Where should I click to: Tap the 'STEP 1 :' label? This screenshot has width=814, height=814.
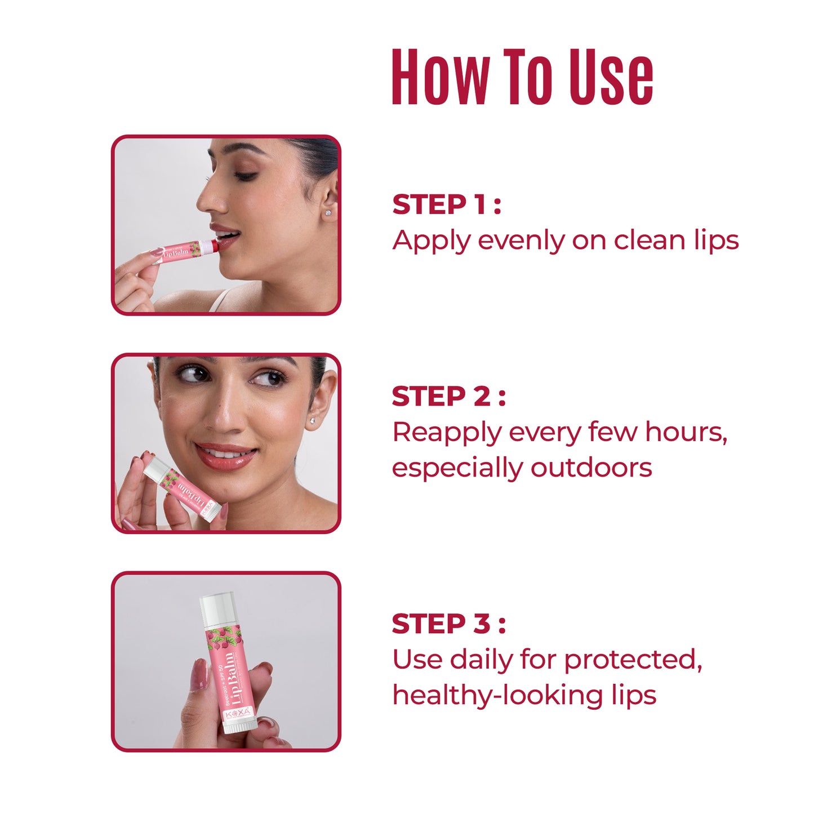pyautogui.click(x=446, y=204)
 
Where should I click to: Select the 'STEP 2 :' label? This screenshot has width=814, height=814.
pyautogui.click(x=448, y=397)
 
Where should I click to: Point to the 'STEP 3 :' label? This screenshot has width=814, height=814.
pyautogui.click(x=448, y=624)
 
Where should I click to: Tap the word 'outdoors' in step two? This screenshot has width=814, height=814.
pyautogui.click(x=591, y=468)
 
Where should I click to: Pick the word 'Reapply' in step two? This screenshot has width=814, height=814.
pyautogui.click(x=446, y=433)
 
